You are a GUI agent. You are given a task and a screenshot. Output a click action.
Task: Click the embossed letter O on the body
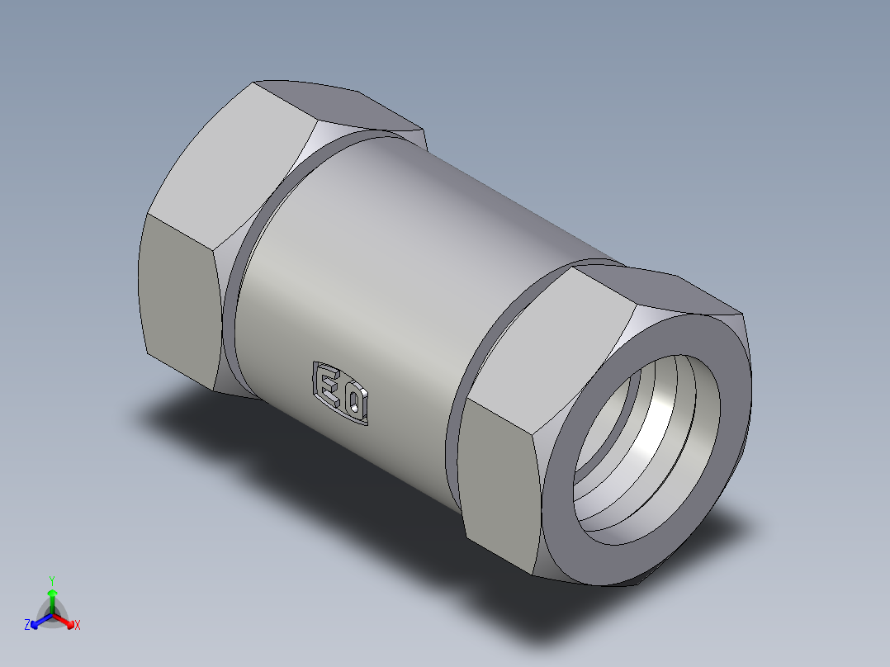pyautogui.click(x=355, y=401)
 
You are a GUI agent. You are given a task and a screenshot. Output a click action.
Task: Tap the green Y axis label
pyautogui.click(x=51, y=579)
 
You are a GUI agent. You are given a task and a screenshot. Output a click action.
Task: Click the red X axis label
pyautogui.click(x=78, y=626)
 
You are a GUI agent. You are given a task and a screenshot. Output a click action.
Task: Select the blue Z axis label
pyautogui.click(x=27, y=626)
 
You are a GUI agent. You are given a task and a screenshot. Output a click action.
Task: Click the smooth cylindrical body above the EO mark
pyautogui.click(x=413, y=272)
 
